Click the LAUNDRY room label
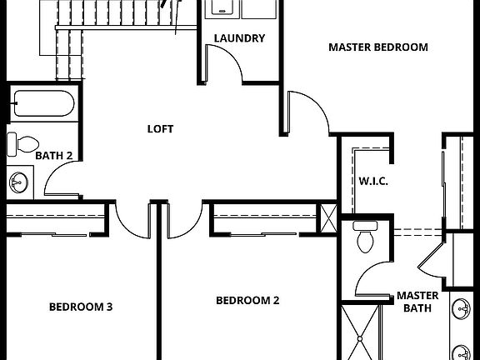coord(239,38)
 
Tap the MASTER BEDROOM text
coord(377,47)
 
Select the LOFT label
coord(160,128)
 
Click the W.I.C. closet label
coord(372,181)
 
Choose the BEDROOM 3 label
coord(80,307)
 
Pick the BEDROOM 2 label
coord(247,301)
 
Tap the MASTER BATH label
coord(417,302)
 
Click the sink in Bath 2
coord(18,181)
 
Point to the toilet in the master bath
coord(365,240)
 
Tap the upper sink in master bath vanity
coord(462,310)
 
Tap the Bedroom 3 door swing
coord(132,218)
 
